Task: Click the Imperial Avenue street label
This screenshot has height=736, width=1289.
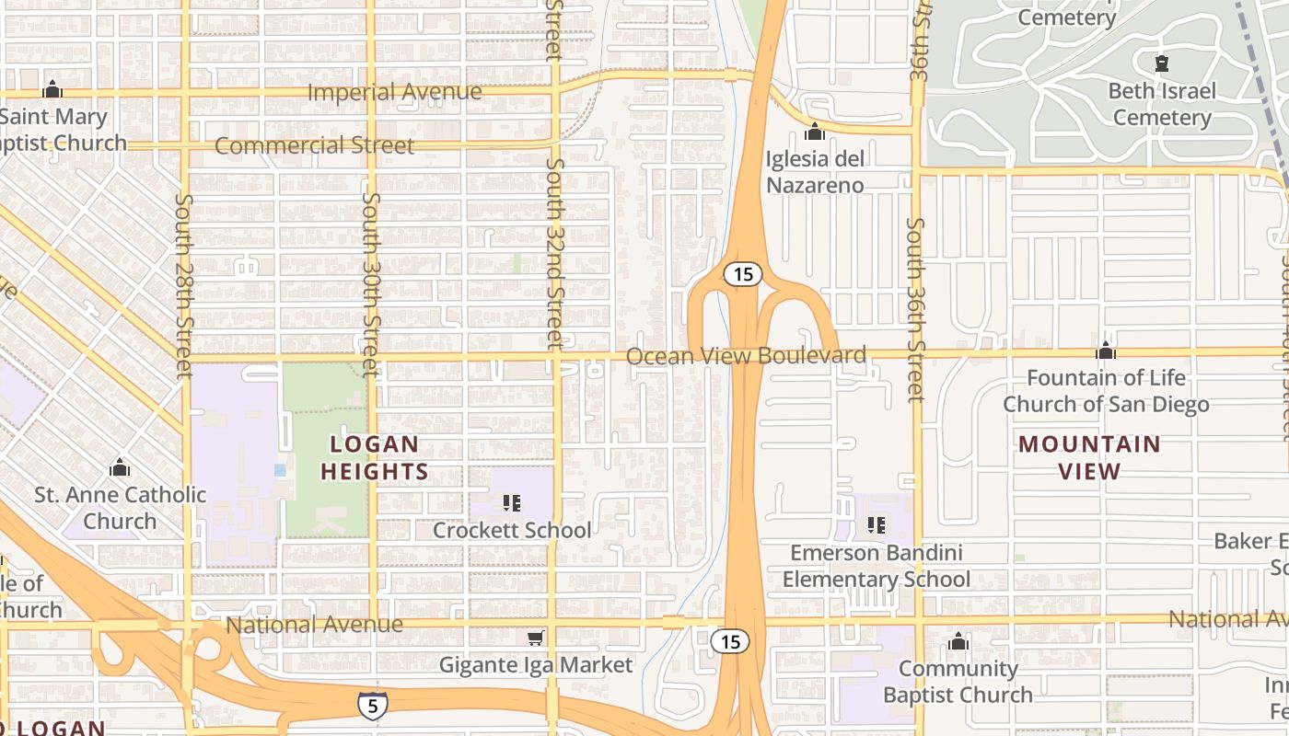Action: click(x=394, y=92)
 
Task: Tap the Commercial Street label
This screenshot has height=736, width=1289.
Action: click(x=314, y=145)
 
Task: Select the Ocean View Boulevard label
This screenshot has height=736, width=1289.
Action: click(x=759, y=355)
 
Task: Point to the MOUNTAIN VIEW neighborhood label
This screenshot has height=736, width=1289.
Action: click(x=1089, y=458)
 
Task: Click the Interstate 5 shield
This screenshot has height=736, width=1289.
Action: click(x=373, y=704)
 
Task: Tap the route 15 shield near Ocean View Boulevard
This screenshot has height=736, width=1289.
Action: click(x=741, y=274)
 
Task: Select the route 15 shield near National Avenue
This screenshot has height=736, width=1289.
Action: click(x=730, y=641)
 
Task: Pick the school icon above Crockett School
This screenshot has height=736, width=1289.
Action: click(x=512, y=503)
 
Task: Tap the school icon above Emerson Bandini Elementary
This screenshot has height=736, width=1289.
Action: click(x=876, y=525)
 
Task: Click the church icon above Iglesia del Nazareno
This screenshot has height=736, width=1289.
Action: click(x=815, y=132)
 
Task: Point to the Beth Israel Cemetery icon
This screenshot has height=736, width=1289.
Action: click(x=1162, y=63)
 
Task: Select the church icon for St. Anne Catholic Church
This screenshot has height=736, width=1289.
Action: click(x=120, y=468)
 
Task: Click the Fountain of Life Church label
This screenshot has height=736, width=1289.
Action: click(x=1106, y=391)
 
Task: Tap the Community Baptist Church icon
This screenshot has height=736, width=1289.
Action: click(x=958, y=641)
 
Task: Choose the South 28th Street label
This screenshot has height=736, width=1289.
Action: click(x=184, y=285)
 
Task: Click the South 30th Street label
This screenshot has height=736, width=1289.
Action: click(x=371, y=283)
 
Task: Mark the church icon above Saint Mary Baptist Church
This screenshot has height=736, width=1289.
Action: click(x=52, y=90)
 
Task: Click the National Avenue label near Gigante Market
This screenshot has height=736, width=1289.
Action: click(x=314, y=625)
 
